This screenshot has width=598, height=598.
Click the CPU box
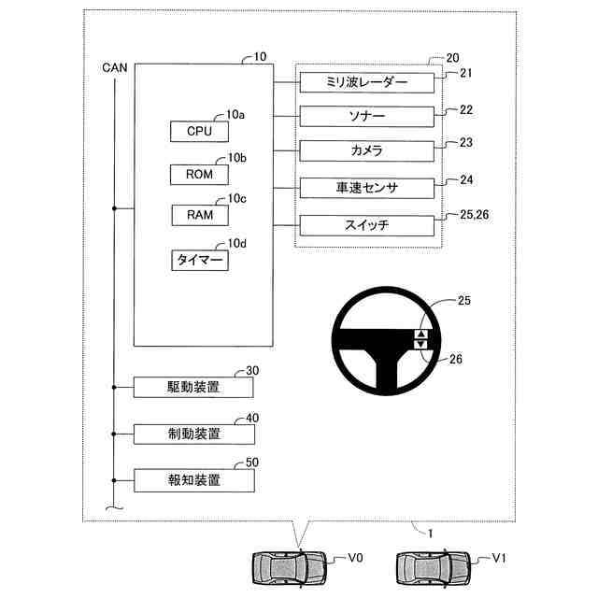coord(199,131)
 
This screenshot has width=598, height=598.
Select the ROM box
coord(199,173)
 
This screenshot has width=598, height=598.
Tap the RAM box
coord(199,215)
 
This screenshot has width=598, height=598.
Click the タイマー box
coord(199,260)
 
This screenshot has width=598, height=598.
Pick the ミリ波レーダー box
coord(367,83)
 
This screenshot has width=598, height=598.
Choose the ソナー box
coord(367,117)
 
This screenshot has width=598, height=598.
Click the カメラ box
coord(367,151)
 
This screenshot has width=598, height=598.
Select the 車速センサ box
coord(367,188)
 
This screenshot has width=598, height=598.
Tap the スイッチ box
coord(367,225)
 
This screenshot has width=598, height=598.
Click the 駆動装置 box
coord(193,387)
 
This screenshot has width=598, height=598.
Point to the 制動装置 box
coord(193,434)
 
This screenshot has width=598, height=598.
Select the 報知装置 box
coord(193,480)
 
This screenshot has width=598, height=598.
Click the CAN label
coord(115,67)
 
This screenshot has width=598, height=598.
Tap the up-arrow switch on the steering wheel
coord(420,333)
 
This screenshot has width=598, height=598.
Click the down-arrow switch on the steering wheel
coord(420,344)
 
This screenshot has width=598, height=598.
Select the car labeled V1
coord(434,567)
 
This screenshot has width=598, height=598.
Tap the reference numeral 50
coord(251,463)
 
